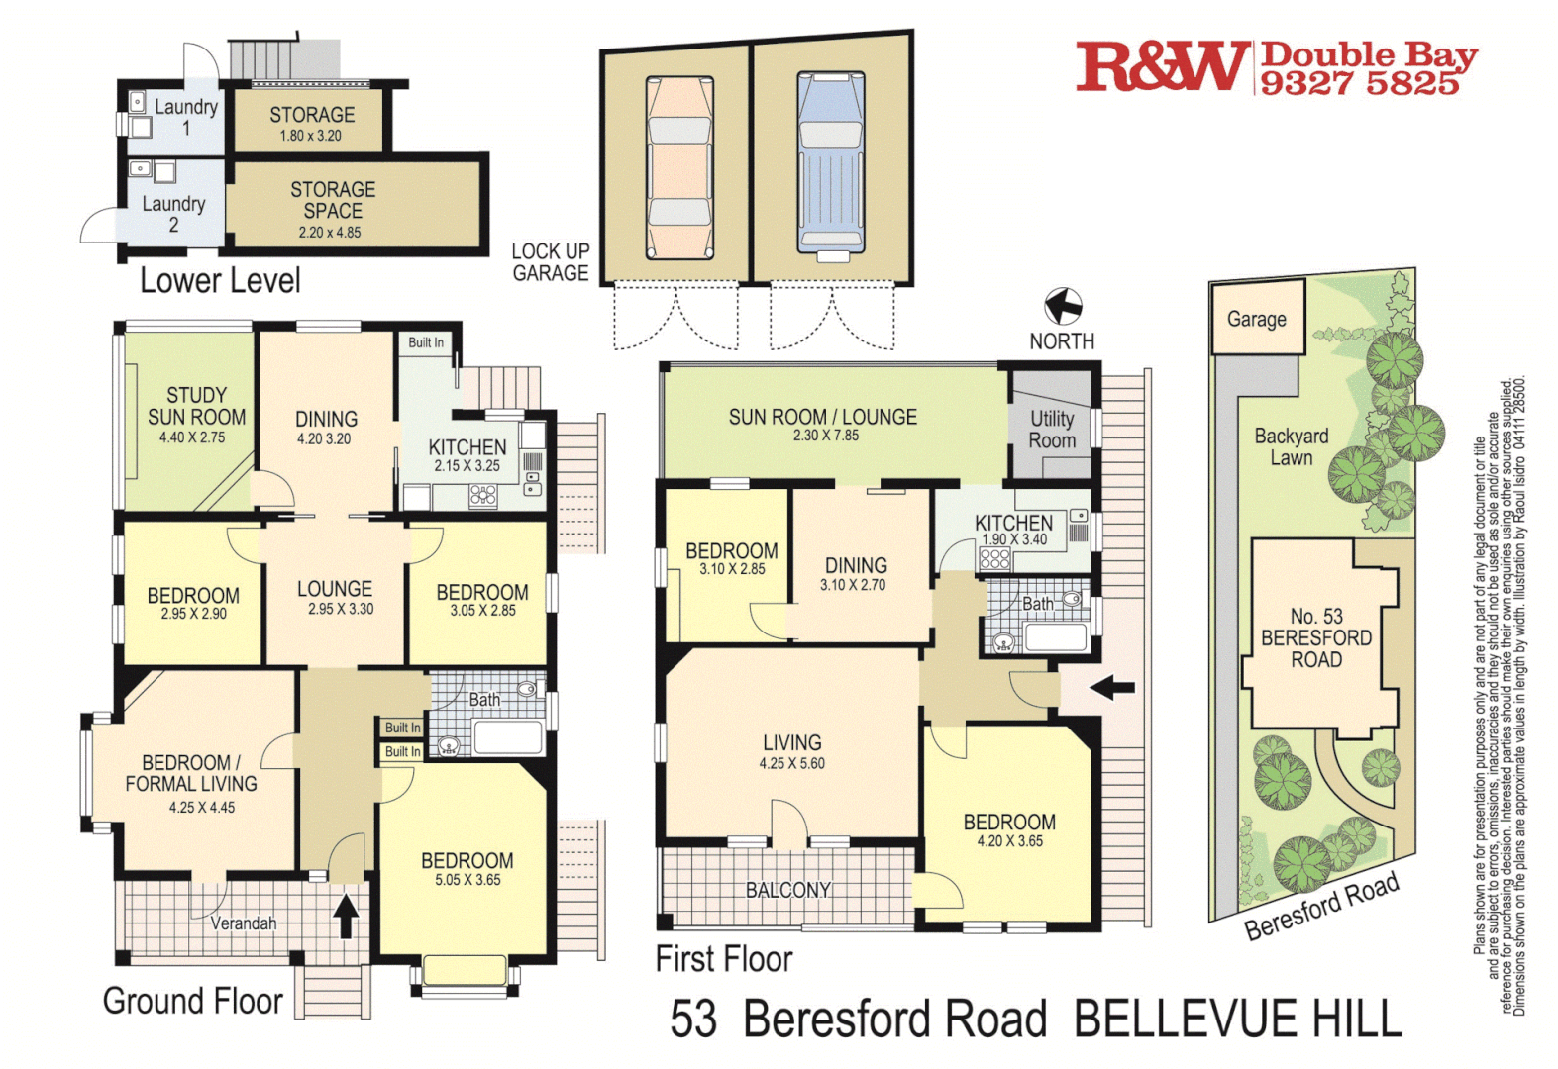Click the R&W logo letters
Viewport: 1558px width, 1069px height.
tap(1161, 67)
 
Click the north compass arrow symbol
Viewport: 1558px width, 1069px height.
tap(1063, 306)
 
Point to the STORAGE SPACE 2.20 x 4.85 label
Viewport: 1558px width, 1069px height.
tap(332, 209)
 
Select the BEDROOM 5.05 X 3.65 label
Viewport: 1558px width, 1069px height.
tap(467, 868)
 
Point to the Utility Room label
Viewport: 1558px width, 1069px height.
tap(1051, 430)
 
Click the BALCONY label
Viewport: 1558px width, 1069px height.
tap(787, 890)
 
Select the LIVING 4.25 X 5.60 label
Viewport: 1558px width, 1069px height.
tap(791, 750)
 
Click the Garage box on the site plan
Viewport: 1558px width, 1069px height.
tap(1256, 319)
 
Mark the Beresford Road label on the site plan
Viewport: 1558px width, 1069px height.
tap(1321, 906)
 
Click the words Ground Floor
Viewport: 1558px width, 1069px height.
tap(193, 1001)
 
